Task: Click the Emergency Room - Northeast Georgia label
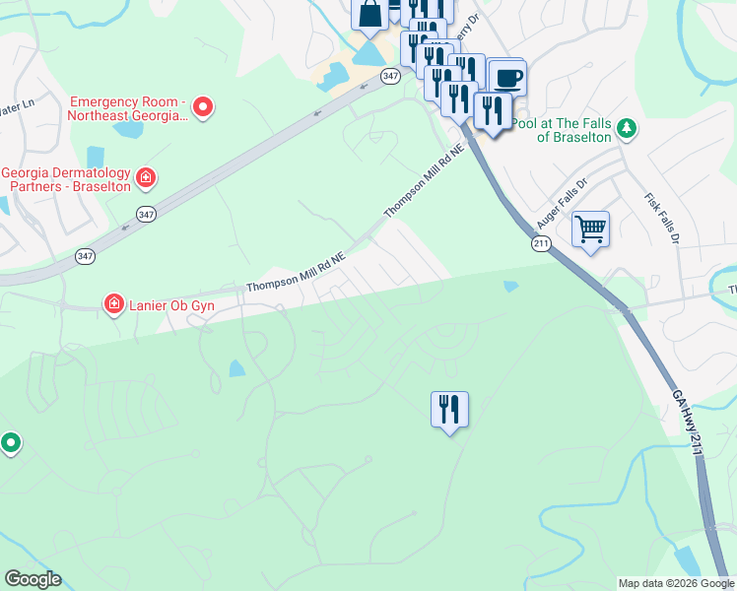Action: point(125,108)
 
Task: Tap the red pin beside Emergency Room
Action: point(204,106)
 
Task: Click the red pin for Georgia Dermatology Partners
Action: point(146,177)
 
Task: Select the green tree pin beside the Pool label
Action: point(626,128)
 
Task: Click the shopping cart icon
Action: point(590,230)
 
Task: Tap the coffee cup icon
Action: point(507,78)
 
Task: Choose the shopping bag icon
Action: point(370,14)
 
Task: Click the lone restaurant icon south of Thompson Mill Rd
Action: point(449,408)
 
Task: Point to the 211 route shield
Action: point(541,242)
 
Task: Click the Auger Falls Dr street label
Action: point(561,203)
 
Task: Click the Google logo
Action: point(33,579)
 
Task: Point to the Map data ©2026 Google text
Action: point(676,583)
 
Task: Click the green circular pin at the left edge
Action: point(10,444)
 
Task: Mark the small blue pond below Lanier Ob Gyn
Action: point(237,368)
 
